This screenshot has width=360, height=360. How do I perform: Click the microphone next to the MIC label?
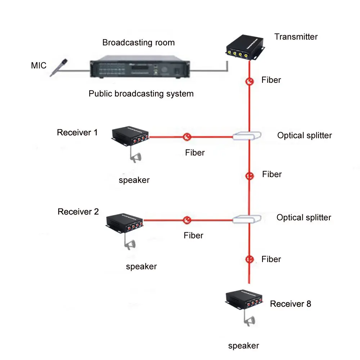tap(59, 67)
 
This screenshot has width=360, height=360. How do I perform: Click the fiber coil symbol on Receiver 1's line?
tap(187, 137)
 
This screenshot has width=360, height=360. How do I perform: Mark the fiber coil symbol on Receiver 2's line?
tap(187, 220)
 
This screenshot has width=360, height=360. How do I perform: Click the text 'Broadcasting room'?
tap(139, 42)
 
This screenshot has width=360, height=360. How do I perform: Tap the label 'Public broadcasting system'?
tap(141, 94)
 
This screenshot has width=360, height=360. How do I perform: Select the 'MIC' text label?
tap(39, 66)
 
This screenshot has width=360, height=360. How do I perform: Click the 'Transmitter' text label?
tap(296, 37)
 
